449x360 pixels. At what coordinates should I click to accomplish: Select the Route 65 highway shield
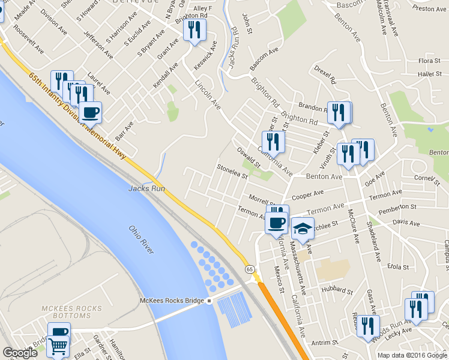coord(249,271)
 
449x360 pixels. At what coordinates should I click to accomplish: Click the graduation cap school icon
coord(303,227)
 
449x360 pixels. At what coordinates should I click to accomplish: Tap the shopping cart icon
coord(58,346)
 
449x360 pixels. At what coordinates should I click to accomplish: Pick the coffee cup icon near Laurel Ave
coord(90,112)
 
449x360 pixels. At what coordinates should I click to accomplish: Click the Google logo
coord(20,353)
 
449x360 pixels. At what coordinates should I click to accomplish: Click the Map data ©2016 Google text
coord(412,355)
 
